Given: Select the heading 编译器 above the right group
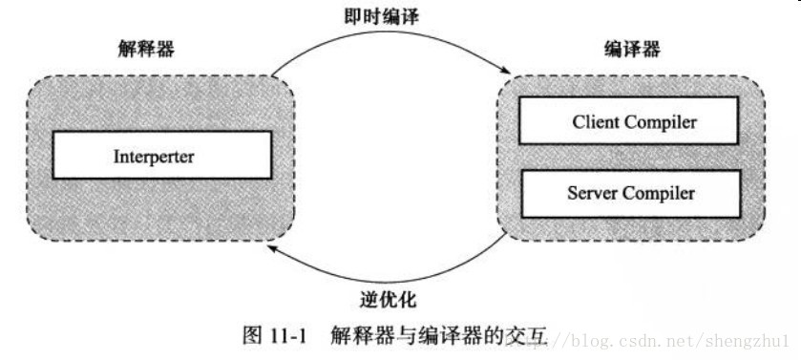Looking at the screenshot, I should pyautogui.click(x=633, y=48).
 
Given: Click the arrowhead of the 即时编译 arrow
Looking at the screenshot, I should pyautogui.click(x=500, y=68).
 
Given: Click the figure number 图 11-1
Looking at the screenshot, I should pyautogui.click(x=271, y=335).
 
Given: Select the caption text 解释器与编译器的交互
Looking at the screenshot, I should pyautogui.click(x=440, y=335).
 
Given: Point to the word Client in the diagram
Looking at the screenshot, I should pyautogui.click(x=596, y=121).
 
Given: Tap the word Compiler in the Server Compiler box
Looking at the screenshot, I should pyautogui.click(x=660, y=192).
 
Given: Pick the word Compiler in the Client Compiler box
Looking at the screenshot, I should pyautogui.click(x=661, y=121).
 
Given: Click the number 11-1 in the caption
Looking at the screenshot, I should pyautogui.click(x=285, y=335).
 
